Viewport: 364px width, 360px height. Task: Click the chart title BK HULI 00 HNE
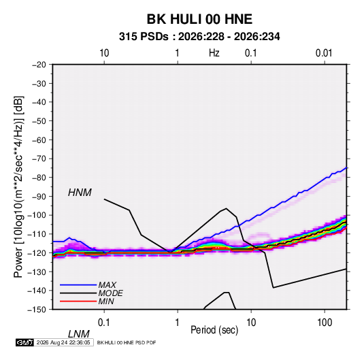[199, 19]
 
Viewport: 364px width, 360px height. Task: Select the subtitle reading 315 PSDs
[144, 37]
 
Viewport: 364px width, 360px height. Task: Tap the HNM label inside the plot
[80, 193]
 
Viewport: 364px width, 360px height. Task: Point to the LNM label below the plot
[79, 334]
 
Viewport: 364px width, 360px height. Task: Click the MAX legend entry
[107, 284]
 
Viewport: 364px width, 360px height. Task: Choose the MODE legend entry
[110, 293]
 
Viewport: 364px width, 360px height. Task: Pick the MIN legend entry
[106, 301]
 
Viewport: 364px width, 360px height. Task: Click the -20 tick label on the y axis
[39, 65]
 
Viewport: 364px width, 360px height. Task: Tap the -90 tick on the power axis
[39, 196]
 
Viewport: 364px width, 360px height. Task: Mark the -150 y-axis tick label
[37, 310]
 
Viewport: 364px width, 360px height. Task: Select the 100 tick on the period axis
[325, 323]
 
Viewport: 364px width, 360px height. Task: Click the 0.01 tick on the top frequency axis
[324, 53]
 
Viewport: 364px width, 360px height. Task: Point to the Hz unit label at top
[214, 53]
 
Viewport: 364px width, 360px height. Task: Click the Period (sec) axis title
[214, 330]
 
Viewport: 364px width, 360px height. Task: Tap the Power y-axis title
[18, 187]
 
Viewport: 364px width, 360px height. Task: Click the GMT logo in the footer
[24, 342]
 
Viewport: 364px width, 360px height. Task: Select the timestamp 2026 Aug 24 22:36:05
[63, 342]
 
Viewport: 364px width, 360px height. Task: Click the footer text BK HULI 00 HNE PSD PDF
[127, 342]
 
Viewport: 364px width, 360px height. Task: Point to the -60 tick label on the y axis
[39, 140]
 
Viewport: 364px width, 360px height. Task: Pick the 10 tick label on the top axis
[104, 53]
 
